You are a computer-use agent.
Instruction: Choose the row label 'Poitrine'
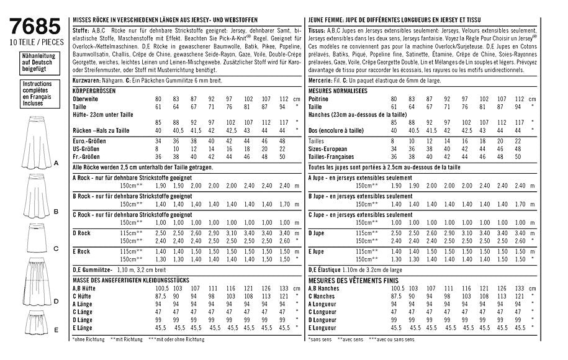[x=319, y=99]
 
